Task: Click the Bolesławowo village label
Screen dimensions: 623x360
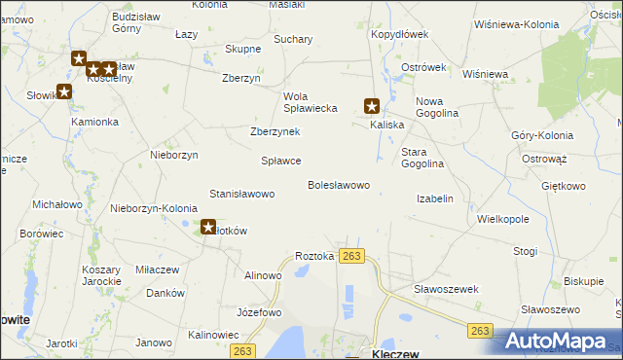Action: click(x=339, y=185)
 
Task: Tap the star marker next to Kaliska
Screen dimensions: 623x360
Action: click(x=371, y=106)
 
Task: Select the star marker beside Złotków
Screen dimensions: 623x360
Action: click(x=208, y=228)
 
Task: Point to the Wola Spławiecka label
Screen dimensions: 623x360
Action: click(x=310, y=102)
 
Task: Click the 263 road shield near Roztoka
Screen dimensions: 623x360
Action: click(x=352, y=256)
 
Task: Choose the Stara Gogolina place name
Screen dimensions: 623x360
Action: click(x=422, y=158)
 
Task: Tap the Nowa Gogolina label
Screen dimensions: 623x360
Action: click(x=436, y=107)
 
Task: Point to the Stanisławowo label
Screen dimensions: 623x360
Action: click(x=242, y=195)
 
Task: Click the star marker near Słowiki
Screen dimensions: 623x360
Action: click(x=64, y=92)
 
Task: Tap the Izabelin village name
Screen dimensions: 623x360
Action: click(x=435, y=198)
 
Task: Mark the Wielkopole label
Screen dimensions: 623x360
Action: click(x=503, y=220)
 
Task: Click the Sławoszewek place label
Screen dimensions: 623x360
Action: click(x=446, y=289)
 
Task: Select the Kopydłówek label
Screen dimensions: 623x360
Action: click(x=399, y=34)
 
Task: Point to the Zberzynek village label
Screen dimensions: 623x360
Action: click(x=275, y=131)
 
